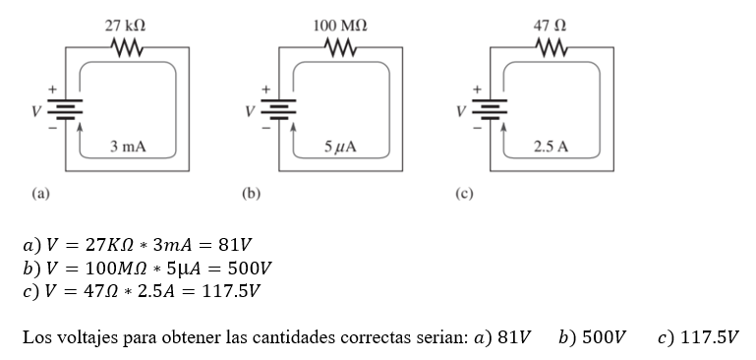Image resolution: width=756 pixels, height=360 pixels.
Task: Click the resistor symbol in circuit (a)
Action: (128, 47)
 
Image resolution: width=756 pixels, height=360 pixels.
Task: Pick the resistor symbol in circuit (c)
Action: (551, 47)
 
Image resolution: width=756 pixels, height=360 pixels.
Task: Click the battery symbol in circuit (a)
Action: (65, 109)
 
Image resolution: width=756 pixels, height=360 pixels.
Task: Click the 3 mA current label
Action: (128, 147)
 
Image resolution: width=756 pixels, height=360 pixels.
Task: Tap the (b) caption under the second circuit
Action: (251, 193)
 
